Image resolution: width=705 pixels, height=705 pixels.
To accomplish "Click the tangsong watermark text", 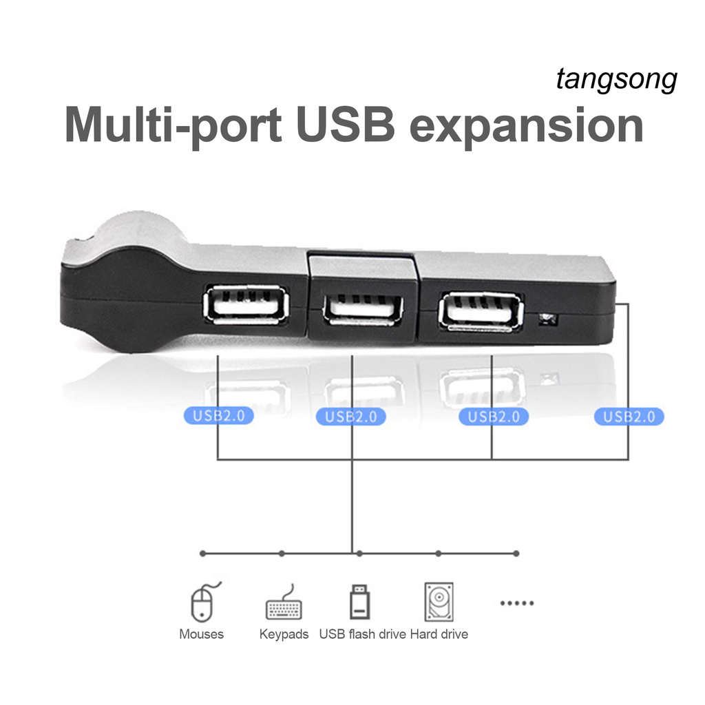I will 616,81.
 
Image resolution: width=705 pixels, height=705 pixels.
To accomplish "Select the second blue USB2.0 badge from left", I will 350,417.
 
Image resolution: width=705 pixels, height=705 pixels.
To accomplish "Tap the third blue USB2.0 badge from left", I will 493,417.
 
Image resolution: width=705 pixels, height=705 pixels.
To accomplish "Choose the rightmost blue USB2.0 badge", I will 629,417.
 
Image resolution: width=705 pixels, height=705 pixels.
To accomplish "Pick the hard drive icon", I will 439,602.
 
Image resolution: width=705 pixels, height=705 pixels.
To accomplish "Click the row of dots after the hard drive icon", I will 516,603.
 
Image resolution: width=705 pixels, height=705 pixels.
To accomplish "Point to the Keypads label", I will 284,634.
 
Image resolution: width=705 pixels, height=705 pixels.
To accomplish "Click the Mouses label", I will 202,634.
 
